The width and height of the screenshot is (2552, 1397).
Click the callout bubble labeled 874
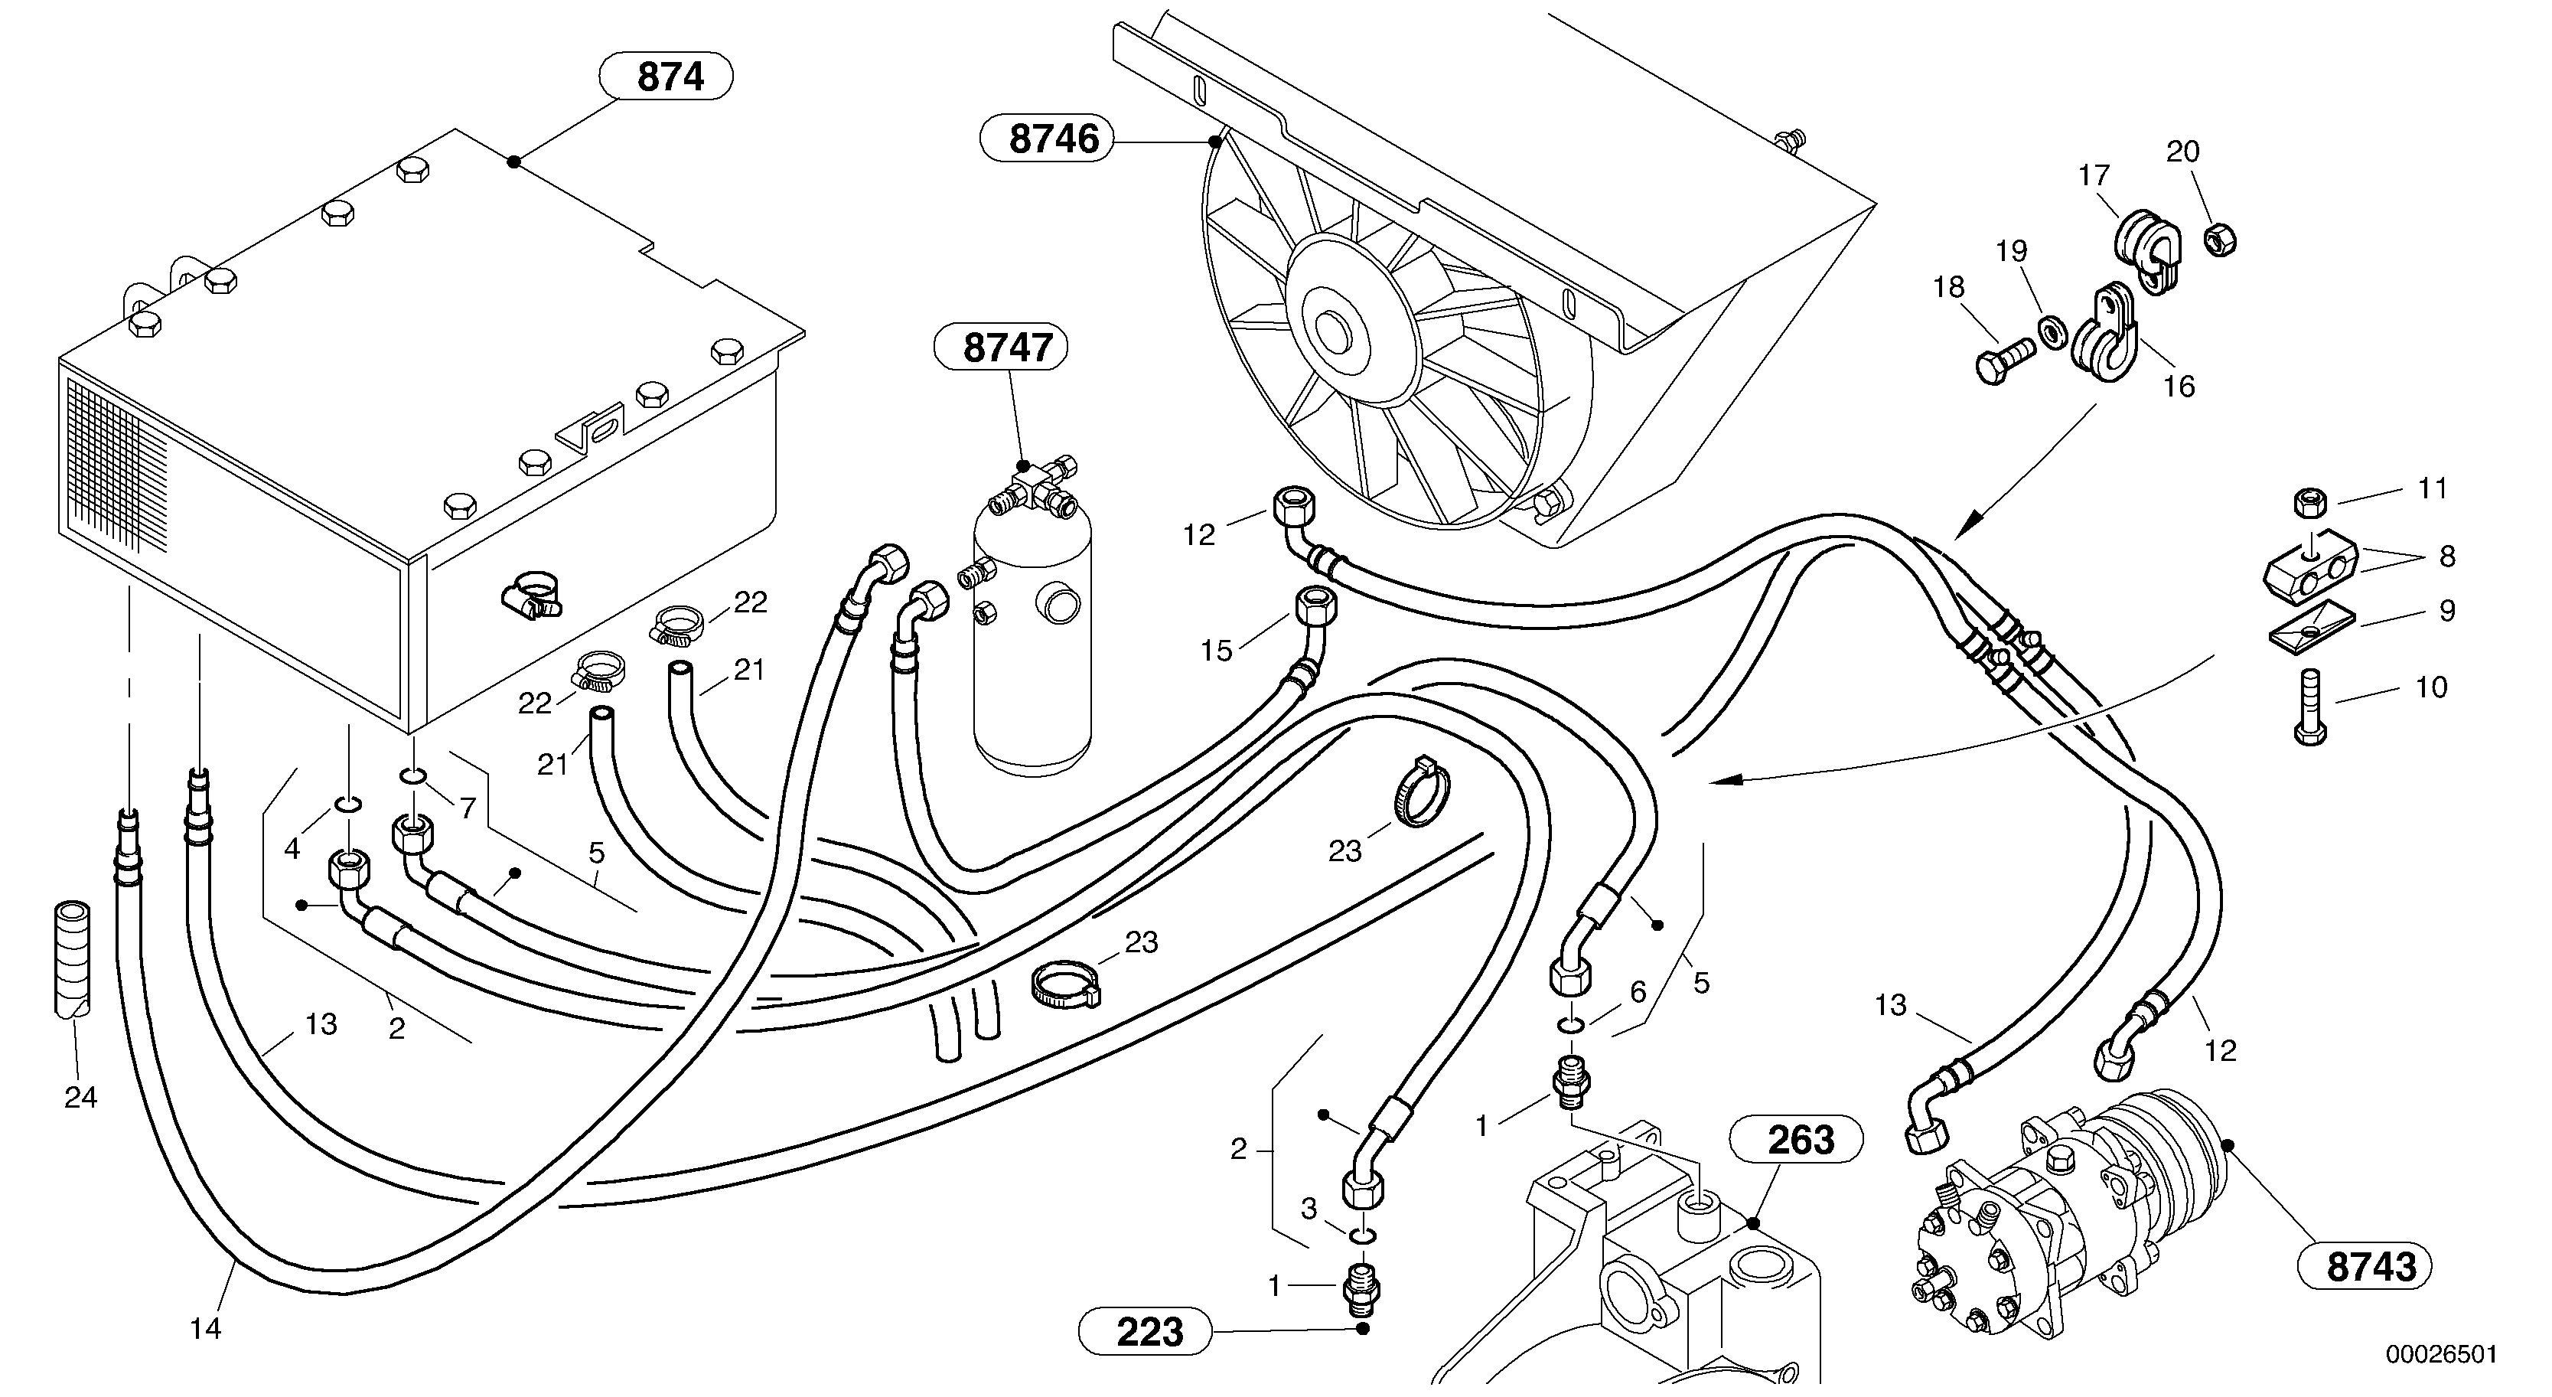tap(669, 77)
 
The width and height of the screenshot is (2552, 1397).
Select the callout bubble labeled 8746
tap(1046, 139)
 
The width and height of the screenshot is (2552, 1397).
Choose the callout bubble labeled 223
tap(1146, 1332)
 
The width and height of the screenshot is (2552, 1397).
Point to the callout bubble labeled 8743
tap(2364, 1266)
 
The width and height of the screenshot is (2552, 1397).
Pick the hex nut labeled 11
tap(2310, 504)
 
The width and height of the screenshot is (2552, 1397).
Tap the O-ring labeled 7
tap(415, 775)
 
